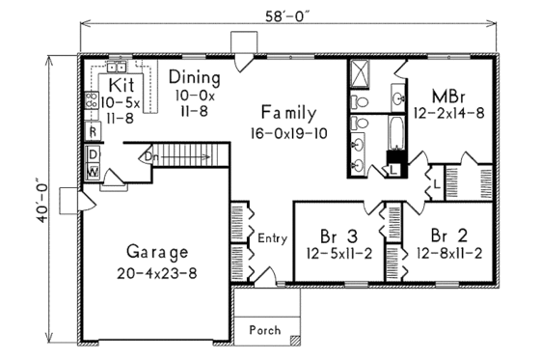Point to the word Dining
coord(194,76)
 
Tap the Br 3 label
coord(338,234)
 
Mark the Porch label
coord(266,330)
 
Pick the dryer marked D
coord(93,154)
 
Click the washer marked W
coord(93,171)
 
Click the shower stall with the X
coord(362,73)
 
